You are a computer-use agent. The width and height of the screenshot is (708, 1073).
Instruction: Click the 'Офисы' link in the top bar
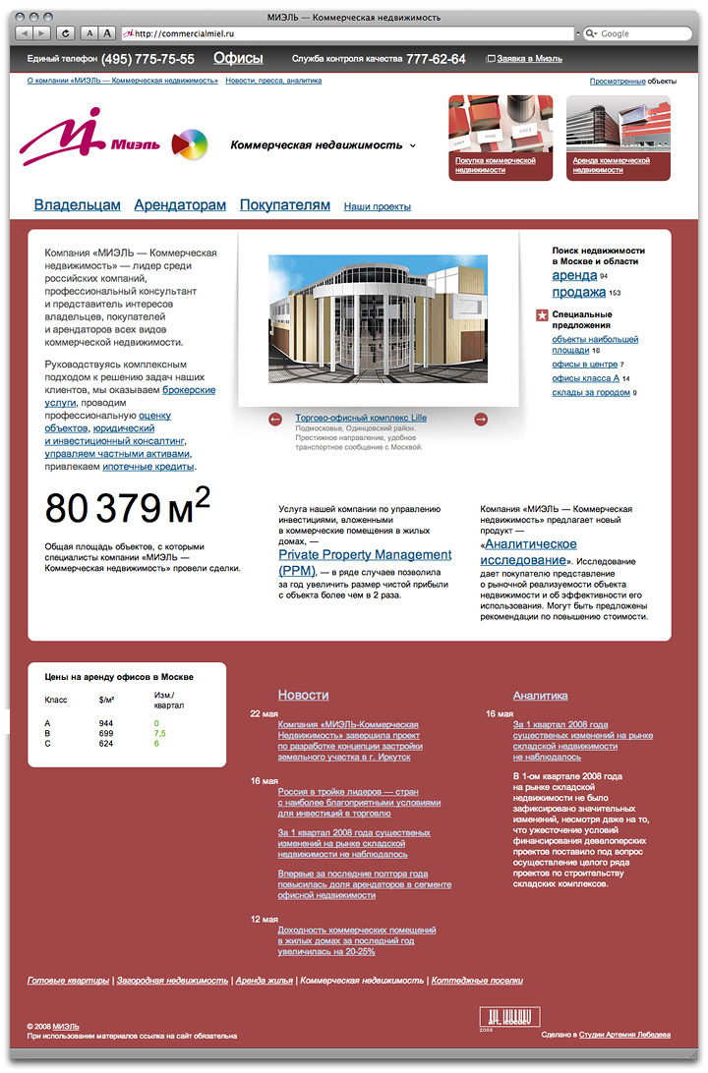238,59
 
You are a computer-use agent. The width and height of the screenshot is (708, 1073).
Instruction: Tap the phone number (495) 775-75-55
147,59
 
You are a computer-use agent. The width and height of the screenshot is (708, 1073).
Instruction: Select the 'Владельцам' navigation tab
77,205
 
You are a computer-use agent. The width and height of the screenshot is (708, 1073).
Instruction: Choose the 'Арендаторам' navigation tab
180,205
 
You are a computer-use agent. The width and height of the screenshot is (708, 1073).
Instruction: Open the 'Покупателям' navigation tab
285,205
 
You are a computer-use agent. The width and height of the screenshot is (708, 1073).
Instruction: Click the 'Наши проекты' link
378,206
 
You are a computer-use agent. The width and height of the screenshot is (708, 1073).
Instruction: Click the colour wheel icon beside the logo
190,145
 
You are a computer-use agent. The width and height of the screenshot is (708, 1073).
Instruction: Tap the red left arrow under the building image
276,420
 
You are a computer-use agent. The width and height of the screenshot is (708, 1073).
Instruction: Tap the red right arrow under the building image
481,420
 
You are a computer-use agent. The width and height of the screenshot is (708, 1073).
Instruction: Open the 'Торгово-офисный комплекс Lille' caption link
361,418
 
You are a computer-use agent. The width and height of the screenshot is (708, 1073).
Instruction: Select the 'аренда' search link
574,276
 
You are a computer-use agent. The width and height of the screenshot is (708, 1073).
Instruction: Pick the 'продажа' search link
578,292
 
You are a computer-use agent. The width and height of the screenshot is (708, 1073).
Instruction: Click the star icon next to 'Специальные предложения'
541,315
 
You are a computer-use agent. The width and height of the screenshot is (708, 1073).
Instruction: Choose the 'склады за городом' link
590,392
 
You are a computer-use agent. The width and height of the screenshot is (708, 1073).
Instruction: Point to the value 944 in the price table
106,723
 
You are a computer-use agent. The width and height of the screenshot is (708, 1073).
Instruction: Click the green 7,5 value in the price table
159,734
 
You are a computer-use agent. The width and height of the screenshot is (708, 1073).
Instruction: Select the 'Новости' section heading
303,695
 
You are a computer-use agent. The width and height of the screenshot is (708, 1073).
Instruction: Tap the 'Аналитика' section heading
540,695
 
